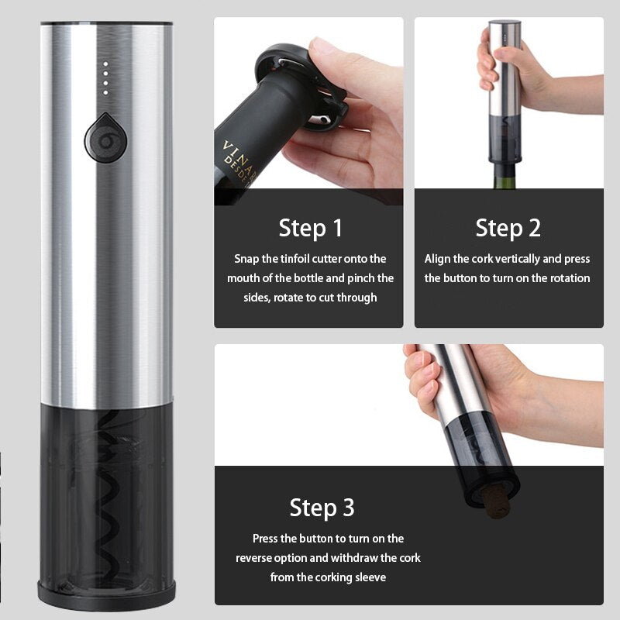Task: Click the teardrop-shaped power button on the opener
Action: pos(105,139)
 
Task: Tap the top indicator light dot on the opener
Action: pos(105,64)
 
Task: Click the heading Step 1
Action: pos(311,229)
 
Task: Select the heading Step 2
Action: pos(508,229)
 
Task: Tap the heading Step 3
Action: pos(322,508)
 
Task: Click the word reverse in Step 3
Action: pos(251,558)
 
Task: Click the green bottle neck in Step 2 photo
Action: pos(505,177)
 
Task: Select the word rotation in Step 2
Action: pos(570,278)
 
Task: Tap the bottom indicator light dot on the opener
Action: pos(105,93)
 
